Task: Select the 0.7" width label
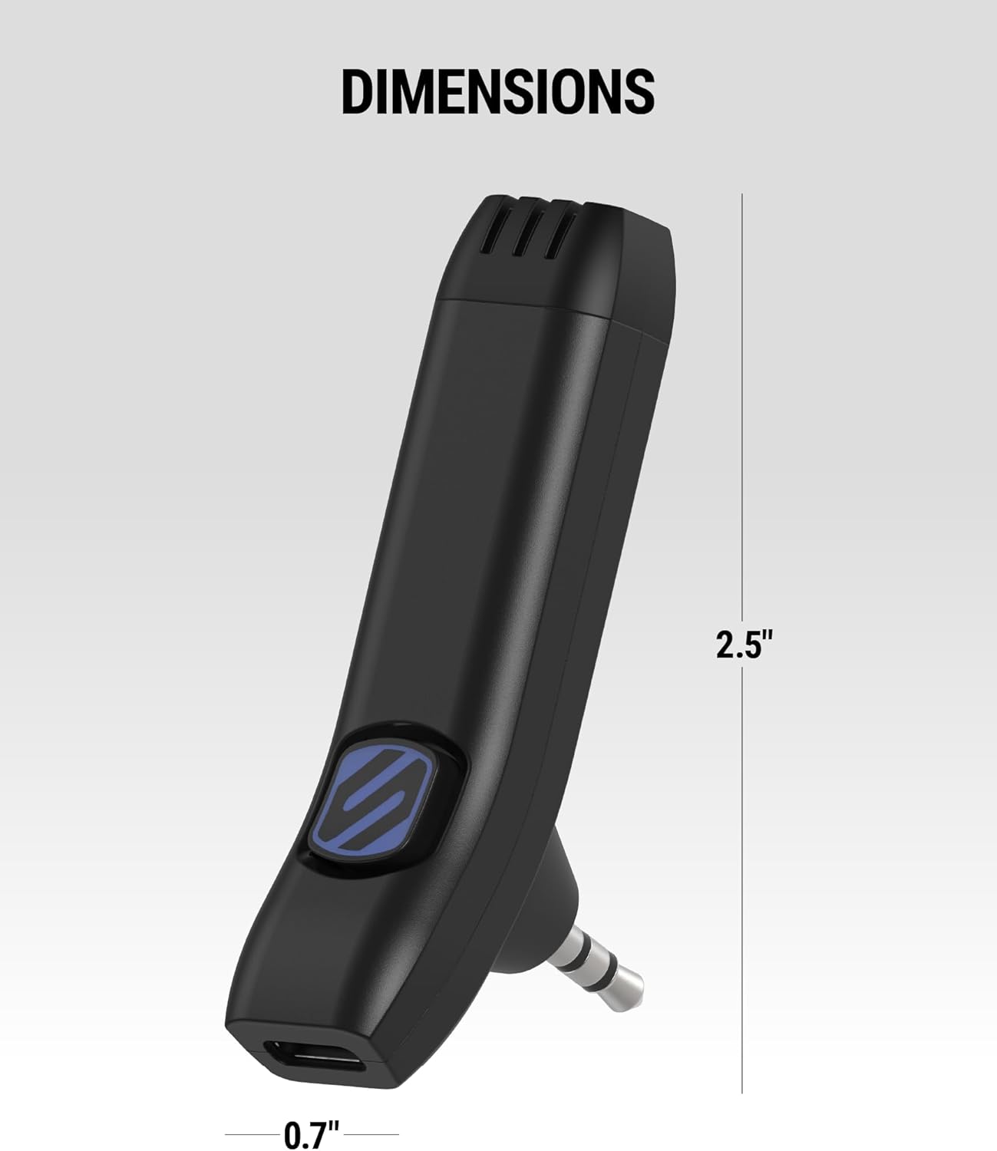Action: click(x=312, y=1134)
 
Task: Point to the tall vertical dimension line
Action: click(x=742, y=460)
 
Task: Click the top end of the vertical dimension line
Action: click(x=742, y=195)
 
